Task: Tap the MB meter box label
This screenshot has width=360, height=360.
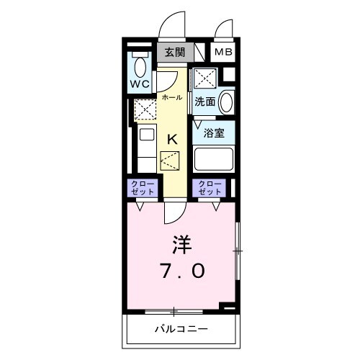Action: point(222,53)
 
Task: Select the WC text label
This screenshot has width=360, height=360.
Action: point(140,85)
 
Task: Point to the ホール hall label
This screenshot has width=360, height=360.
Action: point(171,96)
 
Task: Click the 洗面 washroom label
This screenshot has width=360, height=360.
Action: point(204,102)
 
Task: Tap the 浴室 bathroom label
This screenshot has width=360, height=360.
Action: point(213,133)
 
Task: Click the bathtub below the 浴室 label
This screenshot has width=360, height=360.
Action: point(213,158)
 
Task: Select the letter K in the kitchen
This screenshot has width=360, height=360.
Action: point(173,140)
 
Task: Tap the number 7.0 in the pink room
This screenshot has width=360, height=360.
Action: point(182,271)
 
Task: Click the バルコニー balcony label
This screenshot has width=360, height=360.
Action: point(182,330)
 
